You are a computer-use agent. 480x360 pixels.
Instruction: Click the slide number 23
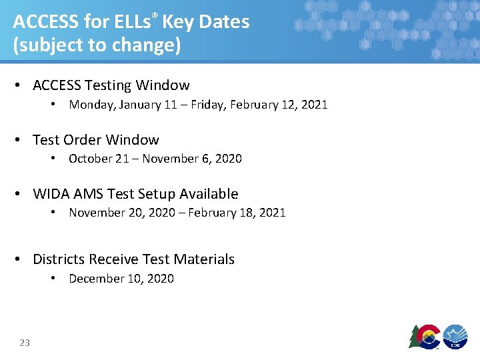(25, 343)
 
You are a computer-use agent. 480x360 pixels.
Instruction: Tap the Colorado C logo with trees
(424, 336)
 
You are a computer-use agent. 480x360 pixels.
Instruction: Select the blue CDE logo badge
(456, 336)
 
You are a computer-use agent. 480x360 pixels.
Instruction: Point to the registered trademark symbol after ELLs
(155, 15)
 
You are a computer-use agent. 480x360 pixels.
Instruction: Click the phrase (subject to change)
(97, 45)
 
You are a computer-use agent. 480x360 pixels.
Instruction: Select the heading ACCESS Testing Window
(111, 85)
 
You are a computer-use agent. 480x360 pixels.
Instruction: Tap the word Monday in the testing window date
(91, 105)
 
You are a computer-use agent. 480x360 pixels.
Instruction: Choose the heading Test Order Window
(95, 140)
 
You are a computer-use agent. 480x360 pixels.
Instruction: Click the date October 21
(99, 159)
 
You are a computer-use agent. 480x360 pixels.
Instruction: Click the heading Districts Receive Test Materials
(133, 259)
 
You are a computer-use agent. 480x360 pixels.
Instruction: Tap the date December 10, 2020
(121, 279)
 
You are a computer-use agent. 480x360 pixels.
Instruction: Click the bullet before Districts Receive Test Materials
(21, 259)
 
